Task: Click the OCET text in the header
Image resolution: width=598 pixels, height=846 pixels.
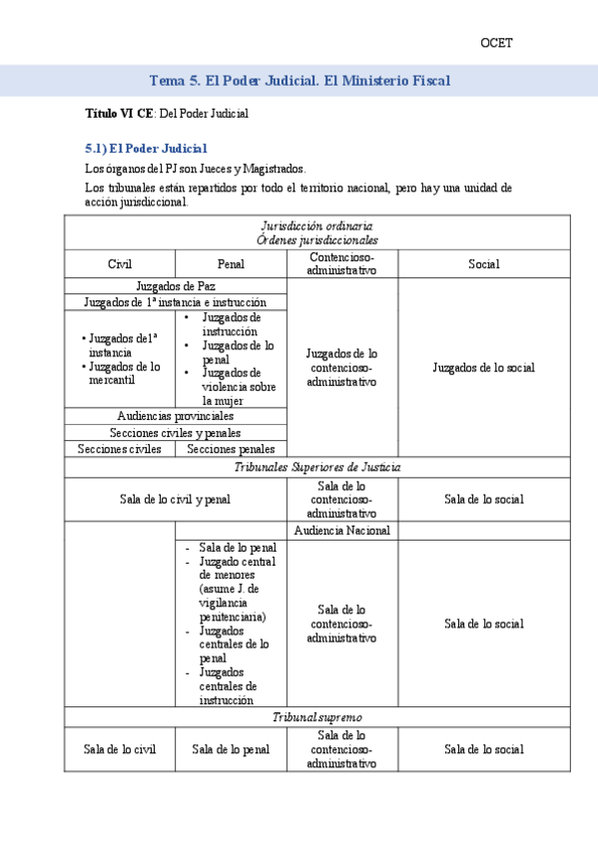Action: point(496,43)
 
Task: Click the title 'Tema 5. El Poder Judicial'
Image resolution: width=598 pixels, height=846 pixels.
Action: point(299,80)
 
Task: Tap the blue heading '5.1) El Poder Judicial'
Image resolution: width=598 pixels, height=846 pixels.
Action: point(146,149)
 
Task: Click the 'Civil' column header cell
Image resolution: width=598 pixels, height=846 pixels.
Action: point(120,264)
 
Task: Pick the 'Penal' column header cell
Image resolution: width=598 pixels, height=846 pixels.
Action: point(231,264)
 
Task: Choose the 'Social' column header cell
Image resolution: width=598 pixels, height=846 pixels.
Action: point(484,264)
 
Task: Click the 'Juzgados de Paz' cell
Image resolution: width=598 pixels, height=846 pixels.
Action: point(175,285)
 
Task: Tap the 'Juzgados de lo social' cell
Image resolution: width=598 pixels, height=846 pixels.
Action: point(484,367)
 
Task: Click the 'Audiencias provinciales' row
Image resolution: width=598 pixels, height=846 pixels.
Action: point(175,415)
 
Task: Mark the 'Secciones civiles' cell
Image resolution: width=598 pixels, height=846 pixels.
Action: point(119,449)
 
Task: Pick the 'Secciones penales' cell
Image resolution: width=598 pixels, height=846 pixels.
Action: point(231,449)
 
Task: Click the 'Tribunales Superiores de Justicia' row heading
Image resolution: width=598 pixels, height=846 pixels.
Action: point(317,467)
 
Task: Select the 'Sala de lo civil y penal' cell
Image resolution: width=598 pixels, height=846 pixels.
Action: point(175,499)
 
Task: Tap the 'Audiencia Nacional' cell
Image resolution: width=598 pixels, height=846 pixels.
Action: point(342,531)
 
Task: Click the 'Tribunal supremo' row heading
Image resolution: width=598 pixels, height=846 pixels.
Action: point(317,717)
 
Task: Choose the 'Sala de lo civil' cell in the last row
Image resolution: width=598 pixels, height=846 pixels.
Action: point(120,749)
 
